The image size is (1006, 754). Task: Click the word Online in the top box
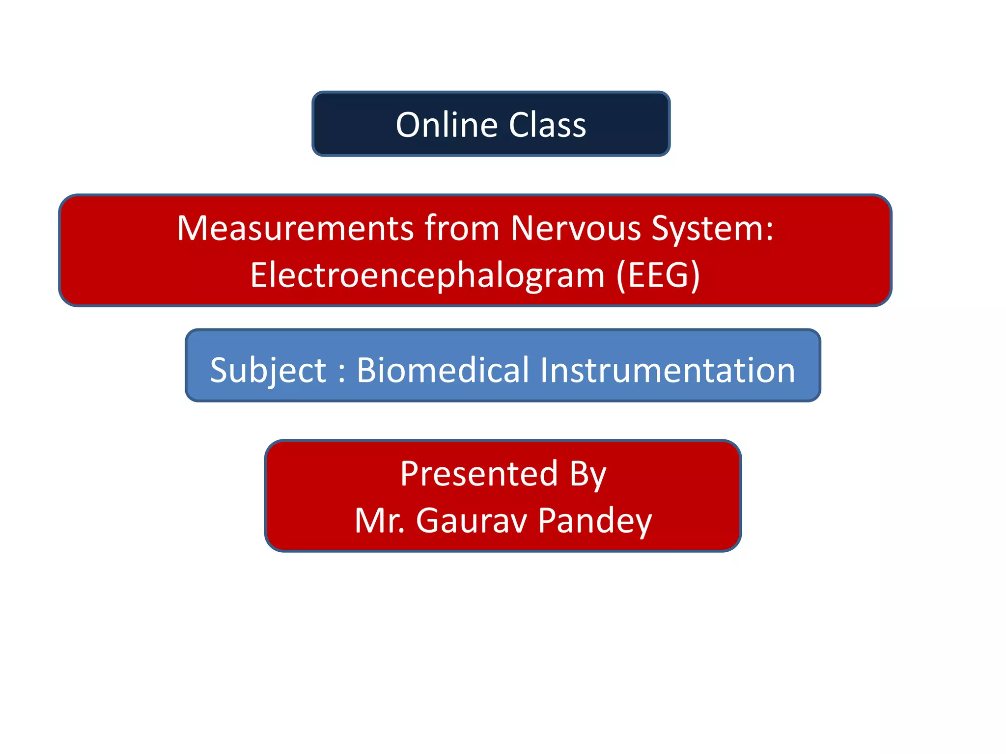coord(446,125)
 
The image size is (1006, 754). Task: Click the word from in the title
coord(462,228)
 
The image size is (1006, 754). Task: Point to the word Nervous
coord(576,228)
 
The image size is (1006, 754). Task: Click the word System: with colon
coord(712,228)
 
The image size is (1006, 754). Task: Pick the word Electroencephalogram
coord(427,275)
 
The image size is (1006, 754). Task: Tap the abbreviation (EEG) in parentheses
coord(658,275)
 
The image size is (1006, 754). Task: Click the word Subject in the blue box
coord(268,371)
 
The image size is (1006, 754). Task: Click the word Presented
coord(479,474)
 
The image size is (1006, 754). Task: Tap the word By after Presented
coord(588,475)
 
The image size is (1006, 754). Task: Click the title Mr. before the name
coord(380,520)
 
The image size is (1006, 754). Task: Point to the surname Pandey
coord(595,521)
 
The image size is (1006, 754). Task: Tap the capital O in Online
coord(409,125)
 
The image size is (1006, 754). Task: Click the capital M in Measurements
coord(193,228)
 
